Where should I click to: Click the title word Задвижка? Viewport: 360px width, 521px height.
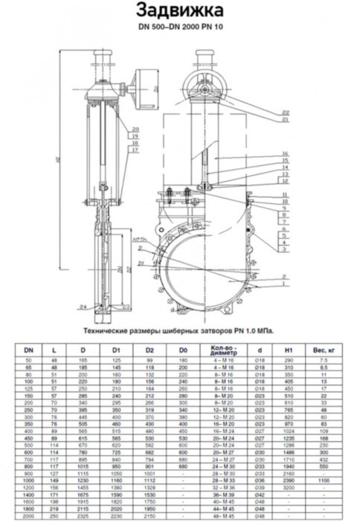180,10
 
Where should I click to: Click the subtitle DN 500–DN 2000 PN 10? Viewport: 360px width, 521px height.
180,28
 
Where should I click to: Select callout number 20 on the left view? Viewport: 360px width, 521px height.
135,130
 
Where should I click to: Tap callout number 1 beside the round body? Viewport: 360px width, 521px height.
285,284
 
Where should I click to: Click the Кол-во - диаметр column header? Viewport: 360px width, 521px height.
224,348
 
